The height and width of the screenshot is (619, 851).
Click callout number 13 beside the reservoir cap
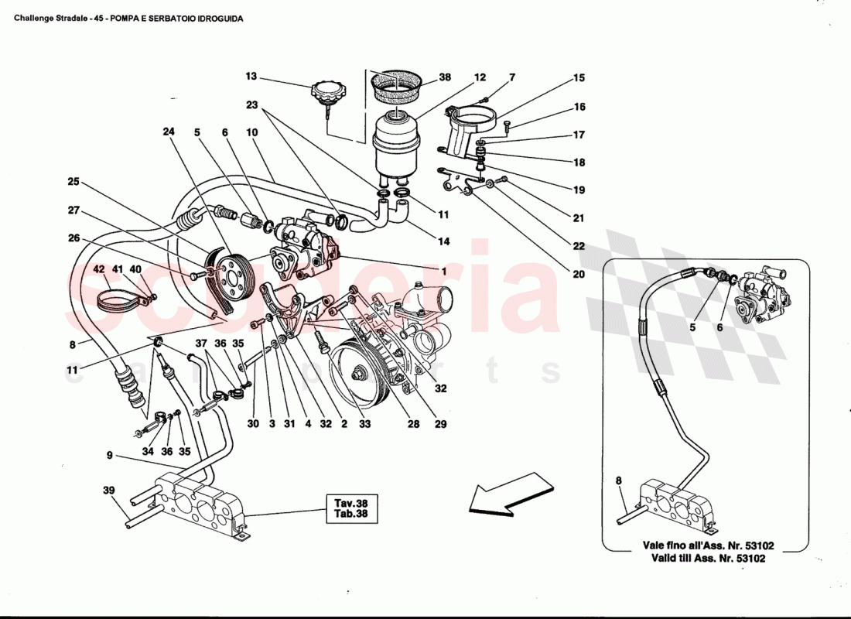251,77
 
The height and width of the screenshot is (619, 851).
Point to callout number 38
444,77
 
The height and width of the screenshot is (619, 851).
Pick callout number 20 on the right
579,273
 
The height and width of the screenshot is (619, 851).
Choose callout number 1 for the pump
444,272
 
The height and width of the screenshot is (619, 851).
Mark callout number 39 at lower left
108,491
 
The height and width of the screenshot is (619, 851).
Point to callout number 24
169,132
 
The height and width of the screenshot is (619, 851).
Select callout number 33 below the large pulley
364,424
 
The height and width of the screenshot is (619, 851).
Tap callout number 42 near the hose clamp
99,269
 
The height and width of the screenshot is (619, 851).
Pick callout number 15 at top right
579,78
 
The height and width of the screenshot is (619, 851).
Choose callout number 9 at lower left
110,456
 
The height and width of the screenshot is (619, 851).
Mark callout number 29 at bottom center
441,424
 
